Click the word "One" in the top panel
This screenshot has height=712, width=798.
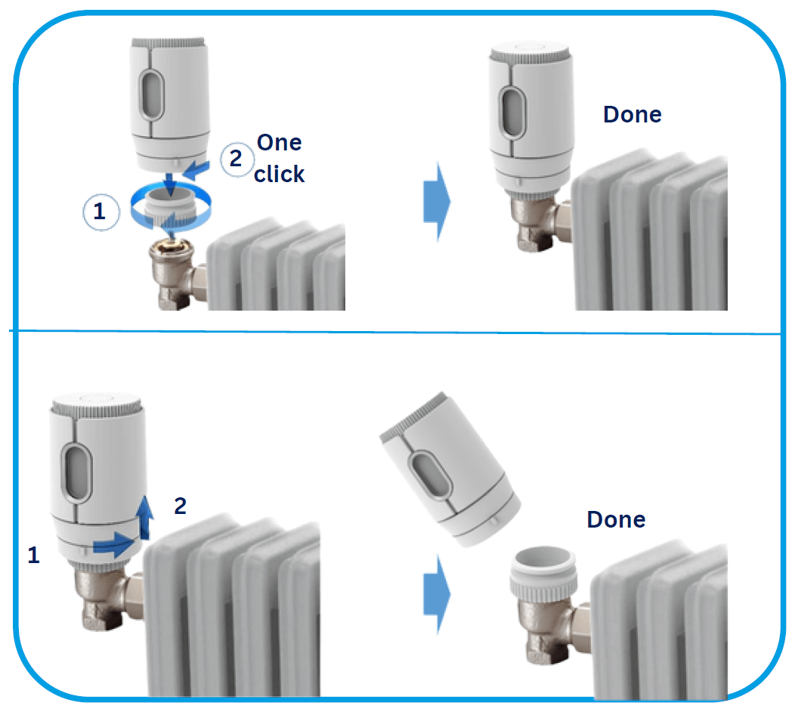(x=279, y=143)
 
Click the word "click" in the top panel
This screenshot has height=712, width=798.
(x=279, y=174)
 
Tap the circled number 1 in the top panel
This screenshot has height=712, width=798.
(x=101, y=212)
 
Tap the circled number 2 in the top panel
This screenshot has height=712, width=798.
(x=237, y=159)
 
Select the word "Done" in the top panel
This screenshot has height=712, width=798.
(x=632, y=115)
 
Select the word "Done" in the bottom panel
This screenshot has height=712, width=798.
(x=616, y=519)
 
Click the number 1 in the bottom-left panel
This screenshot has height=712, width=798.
(x=33, y=555)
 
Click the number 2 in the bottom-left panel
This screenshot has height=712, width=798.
(x=180, y=506)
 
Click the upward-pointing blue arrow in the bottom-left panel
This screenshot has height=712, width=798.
(x=146, y=516)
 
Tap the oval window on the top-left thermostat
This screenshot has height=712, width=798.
(x=152, y=94)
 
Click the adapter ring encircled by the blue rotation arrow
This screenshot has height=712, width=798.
(x=171, y=206)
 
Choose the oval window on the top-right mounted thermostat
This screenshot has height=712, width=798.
(x=513, y=113)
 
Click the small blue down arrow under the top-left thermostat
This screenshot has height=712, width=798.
(x=170, y=184)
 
